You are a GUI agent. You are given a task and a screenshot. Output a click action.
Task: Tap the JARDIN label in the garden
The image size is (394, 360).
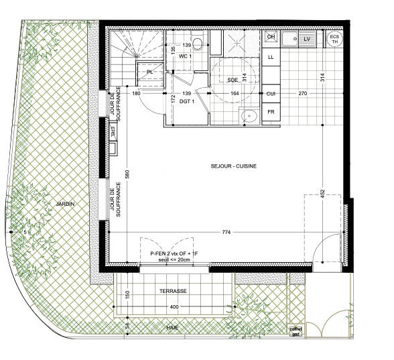point(65,204)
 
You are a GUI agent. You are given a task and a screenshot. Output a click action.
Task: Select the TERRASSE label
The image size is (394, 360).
point(173,292)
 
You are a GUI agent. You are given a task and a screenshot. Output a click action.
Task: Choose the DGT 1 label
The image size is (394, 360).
point(187,101)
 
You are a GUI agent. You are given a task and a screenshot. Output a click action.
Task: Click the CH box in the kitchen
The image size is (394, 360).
point(271,38)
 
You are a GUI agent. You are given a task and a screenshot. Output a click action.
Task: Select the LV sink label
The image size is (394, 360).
point(307,40)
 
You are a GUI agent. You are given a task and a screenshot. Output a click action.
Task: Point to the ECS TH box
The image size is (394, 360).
point(334,38)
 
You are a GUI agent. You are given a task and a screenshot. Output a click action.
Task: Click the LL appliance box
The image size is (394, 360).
point(271,58)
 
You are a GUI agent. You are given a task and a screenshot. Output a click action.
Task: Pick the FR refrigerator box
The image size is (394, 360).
point(271,111)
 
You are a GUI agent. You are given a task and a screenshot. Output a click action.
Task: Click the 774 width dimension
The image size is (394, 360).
point(226,233)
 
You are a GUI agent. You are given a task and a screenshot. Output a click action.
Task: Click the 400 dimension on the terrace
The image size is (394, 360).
point(174,307)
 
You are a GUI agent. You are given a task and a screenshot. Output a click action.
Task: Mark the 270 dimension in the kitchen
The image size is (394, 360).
point(303,93)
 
